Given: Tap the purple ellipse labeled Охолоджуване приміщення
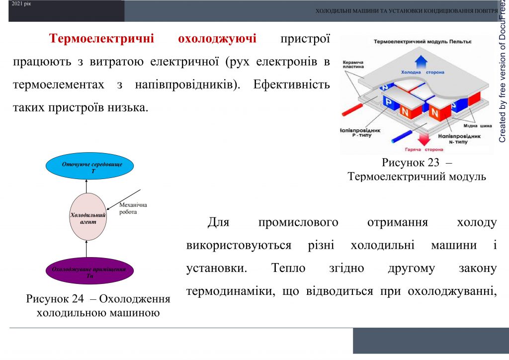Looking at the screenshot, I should (89, 272).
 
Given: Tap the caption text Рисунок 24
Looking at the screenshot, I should (59, 299).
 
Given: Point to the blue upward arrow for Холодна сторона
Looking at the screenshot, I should (422, 62).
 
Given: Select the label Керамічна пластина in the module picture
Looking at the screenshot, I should (353, 65).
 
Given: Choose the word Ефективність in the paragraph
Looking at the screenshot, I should (291, 84).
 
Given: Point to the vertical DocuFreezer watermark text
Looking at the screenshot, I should (503, 75).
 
